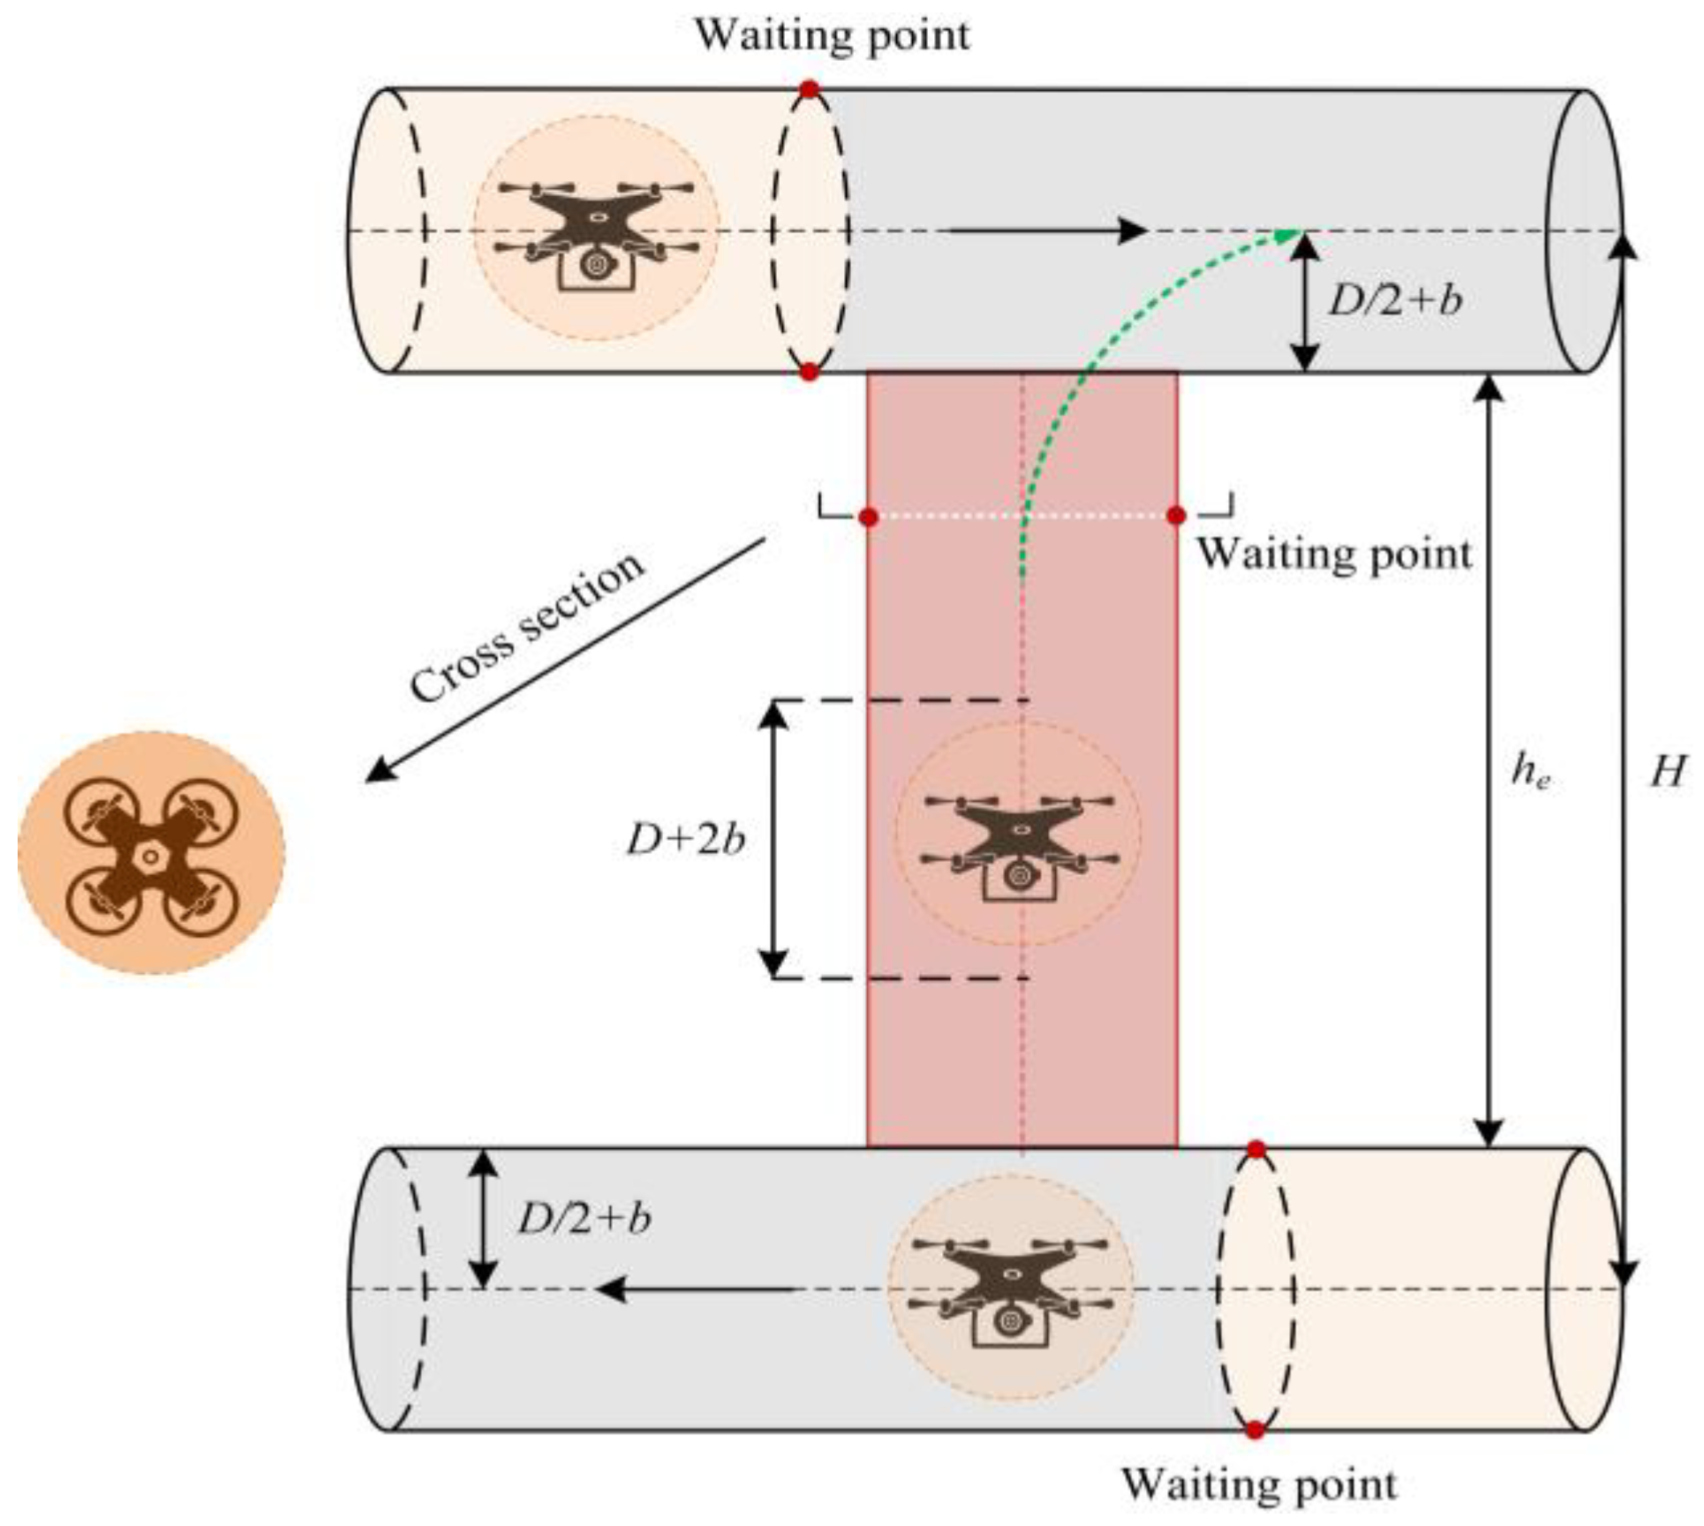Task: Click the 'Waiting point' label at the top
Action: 832,35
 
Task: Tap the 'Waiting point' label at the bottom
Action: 1259,1484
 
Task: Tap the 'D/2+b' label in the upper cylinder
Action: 1396,301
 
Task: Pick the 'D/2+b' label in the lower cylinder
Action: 584,1220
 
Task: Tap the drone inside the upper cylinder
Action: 597,234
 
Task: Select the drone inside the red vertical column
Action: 1019,849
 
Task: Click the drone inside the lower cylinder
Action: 1010,1290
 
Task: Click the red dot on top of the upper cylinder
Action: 810,89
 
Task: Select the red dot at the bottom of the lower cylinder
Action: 1255,1430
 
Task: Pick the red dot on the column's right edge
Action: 1176,516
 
